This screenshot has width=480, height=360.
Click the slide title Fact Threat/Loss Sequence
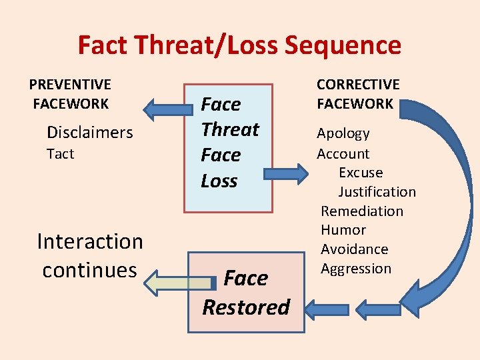(x=239, y=45)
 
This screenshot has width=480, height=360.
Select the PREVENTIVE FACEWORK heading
(x=70, y=94)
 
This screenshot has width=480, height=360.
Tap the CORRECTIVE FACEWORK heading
(x=357, y=94)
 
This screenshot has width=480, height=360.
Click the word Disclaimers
(x=89, y=133)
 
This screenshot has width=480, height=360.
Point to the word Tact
(x=60, y=154)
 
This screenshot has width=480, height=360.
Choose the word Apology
(x=343, y=133)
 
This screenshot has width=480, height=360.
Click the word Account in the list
(x=343, y=153)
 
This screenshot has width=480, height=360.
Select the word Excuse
(x=361, y=173)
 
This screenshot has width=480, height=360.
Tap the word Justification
(x=377, y=192)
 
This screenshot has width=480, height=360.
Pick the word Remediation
(x=362, y=211)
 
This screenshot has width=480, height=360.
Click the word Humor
(x=343, y=230)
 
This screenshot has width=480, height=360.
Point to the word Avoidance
(x=354, y=249)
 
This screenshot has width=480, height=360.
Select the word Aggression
(x=356, y=269)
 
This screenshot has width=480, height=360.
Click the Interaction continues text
(x=90, y=255)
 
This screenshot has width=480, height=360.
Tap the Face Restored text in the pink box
(x=246, y=293)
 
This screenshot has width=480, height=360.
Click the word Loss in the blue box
(x=219, y=181)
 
